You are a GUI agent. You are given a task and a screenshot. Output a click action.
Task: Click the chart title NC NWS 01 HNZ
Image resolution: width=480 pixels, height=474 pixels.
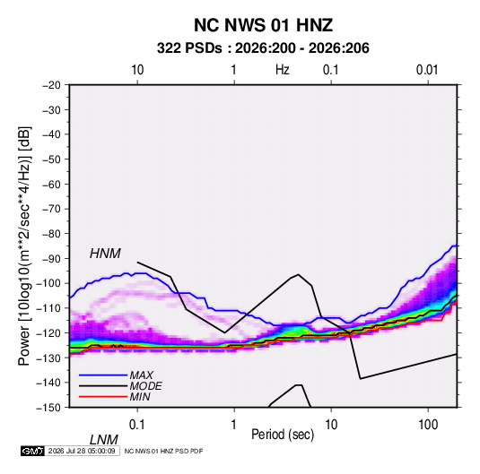263,25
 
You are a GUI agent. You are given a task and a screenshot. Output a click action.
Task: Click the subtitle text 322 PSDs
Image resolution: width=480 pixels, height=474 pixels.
189,48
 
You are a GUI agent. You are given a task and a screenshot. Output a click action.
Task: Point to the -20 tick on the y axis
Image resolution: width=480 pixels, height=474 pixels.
51,85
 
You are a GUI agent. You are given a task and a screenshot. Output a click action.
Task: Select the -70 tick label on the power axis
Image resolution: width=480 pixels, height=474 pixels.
51,209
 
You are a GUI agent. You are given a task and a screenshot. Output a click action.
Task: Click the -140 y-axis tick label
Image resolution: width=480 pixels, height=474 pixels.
48,383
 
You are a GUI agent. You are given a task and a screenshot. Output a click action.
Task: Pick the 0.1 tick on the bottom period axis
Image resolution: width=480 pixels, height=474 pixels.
137,425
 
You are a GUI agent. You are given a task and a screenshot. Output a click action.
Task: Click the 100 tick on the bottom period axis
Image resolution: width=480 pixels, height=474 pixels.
428,425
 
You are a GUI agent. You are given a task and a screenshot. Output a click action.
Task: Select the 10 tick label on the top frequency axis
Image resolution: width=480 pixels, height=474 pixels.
137,70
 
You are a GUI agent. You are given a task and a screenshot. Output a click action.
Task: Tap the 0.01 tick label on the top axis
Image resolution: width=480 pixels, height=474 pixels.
427,70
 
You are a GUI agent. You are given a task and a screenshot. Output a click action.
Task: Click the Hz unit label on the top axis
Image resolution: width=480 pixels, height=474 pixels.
283,70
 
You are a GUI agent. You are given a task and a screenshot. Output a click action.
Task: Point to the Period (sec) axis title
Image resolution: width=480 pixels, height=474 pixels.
283,435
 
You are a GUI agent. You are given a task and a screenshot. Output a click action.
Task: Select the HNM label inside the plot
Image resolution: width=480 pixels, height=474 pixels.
105,254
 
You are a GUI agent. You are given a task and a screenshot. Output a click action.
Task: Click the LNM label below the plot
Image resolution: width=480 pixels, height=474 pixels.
104,440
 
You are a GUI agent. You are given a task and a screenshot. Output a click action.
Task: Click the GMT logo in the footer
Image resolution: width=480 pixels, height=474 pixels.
33,451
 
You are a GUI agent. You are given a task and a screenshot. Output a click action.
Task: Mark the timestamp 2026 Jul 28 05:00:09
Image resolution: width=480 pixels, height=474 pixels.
82,451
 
